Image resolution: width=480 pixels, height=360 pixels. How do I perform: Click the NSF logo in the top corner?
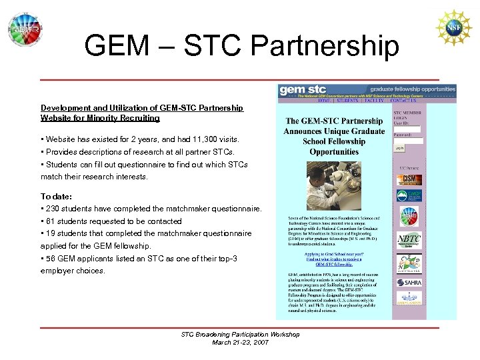click(x=453, y=27)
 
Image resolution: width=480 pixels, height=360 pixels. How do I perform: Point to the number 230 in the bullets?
click(x=53, y=209)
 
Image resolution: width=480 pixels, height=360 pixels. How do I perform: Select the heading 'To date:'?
click(x=56, y=197)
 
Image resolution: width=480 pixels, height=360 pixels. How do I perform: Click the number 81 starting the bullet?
click(x=50, y=221)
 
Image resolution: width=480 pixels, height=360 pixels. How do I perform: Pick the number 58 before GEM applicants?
click(x=51, y=258)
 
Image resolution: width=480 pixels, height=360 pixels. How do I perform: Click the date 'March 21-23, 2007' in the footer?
click(x=240, y=342)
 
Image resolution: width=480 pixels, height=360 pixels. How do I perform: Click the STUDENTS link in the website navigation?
click(x=347, y=101)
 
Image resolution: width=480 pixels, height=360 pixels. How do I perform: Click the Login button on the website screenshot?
click(x=399, y=148)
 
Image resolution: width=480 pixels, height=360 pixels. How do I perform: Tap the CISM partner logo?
click(x=409, y=180)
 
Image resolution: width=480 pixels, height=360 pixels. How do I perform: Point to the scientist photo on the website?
click(x=334, y=187)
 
